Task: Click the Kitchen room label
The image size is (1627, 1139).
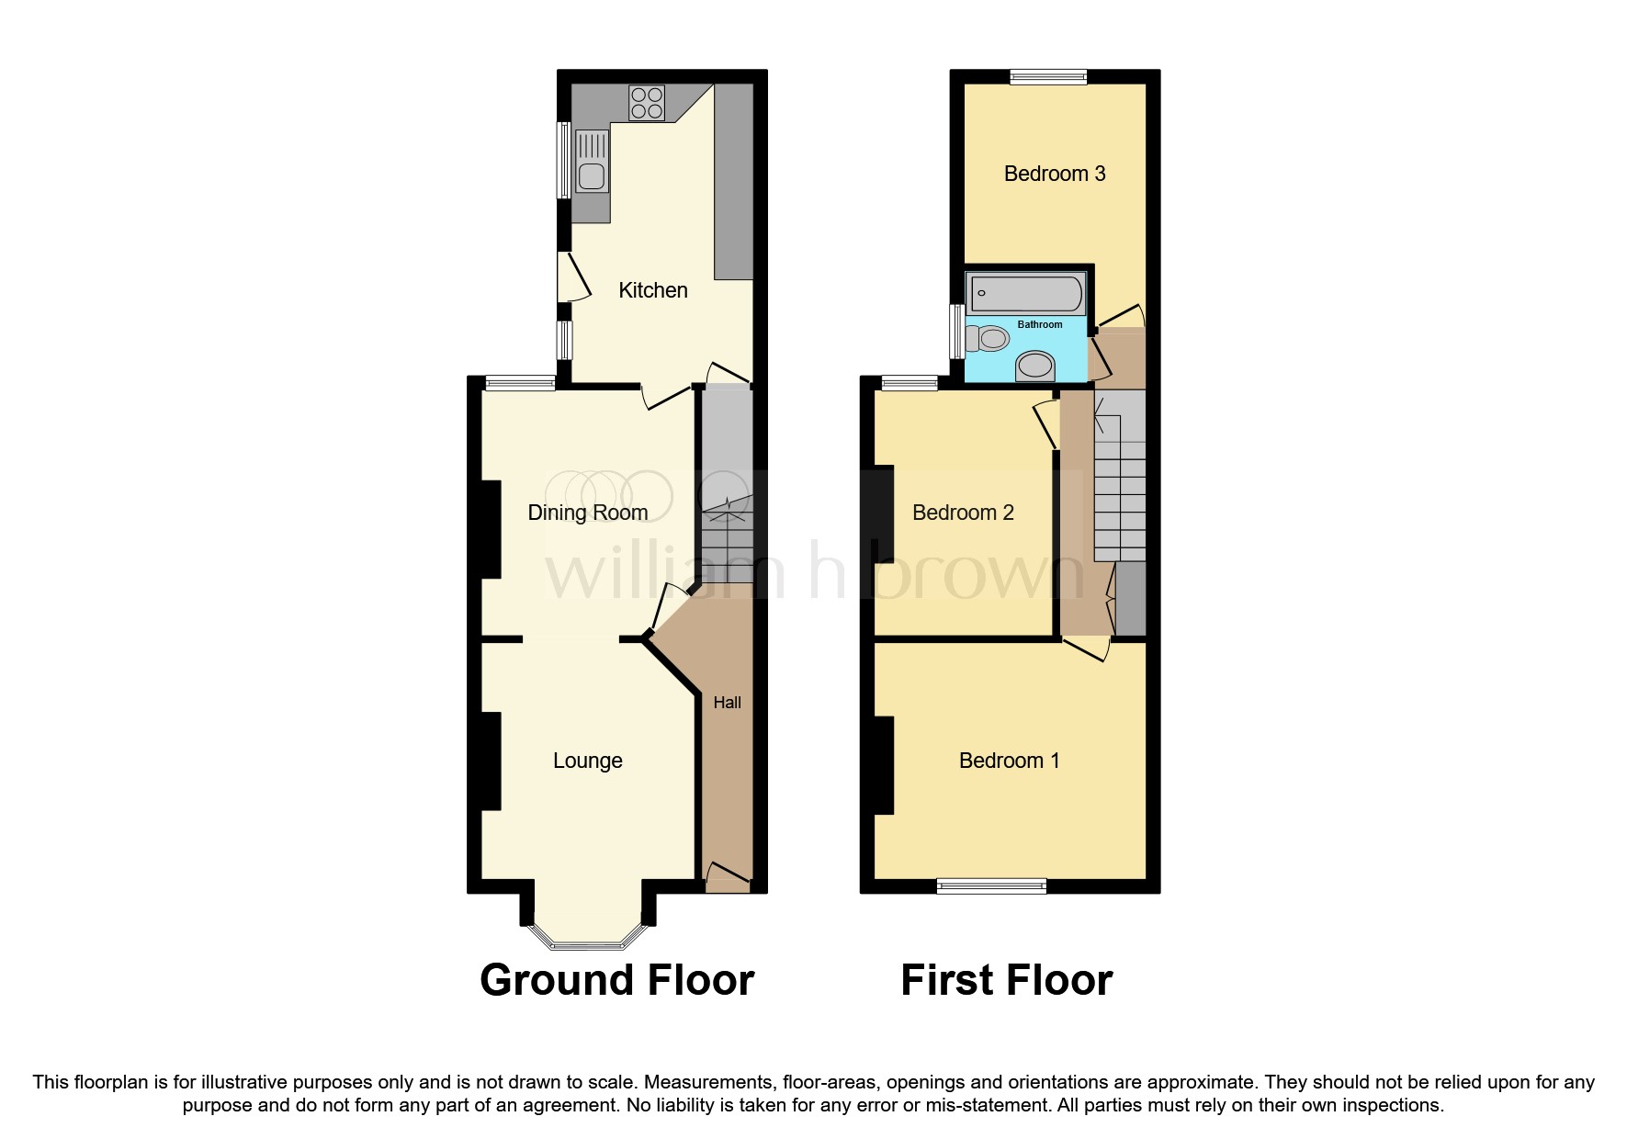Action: click(653, 290)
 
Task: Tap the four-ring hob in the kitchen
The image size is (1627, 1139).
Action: click(647, 102)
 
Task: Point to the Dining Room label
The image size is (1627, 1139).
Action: click(588, 513)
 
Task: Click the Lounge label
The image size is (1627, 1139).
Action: click(588, 761)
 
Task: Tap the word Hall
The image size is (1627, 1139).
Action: click(727, 703)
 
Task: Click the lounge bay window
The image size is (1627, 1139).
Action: click(588, 941)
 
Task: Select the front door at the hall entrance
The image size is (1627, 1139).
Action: click(727, 878)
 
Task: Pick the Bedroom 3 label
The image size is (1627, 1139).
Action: click(1055, 174)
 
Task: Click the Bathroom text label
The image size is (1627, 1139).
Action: click(1040, 324)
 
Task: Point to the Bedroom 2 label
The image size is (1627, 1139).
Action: click(963, 513)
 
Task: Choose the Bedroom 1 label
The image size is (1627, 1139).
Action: click(1009, 761)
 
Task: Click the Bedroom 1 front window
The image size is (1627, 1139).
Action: click(991, 885)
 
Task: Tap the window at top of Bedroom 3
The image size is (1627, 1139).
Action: click(1048, 77)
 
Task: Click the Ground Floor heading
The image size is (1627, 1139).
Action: click(616, 980)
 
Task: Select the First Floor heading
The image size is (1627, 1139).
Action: click(1006, 980)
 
